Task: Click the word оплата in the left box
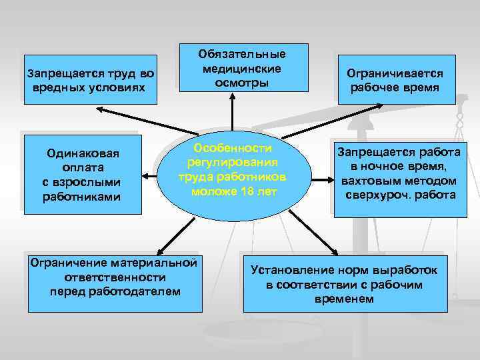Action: coord(81,167)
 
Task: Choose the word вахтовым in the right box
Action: coord(371,181)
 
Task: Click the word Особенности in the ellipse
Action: coord(233,147)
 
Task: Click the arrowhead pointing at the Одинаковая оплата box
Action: coord(147,178)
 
